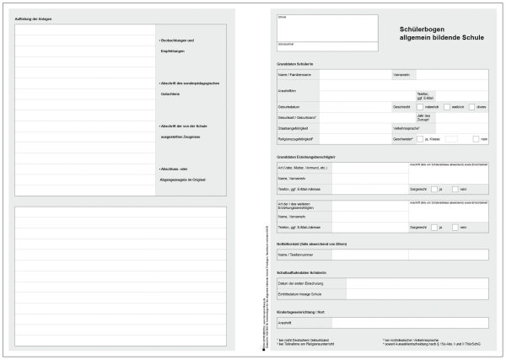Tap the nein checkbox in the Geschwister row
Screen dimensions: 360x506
476,138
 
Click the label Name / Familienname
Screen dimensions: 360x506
294,75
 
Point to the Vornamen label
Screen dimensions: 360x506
401,75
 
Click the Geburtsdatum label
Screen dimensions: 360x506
290,107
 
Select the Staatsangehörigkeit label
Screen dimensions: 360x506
295,127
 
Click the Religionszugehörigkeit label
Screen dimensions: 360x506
296,138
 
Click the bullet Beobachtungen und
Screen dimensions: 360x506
178,40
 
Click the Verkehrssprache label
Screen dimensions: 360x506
408,127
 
